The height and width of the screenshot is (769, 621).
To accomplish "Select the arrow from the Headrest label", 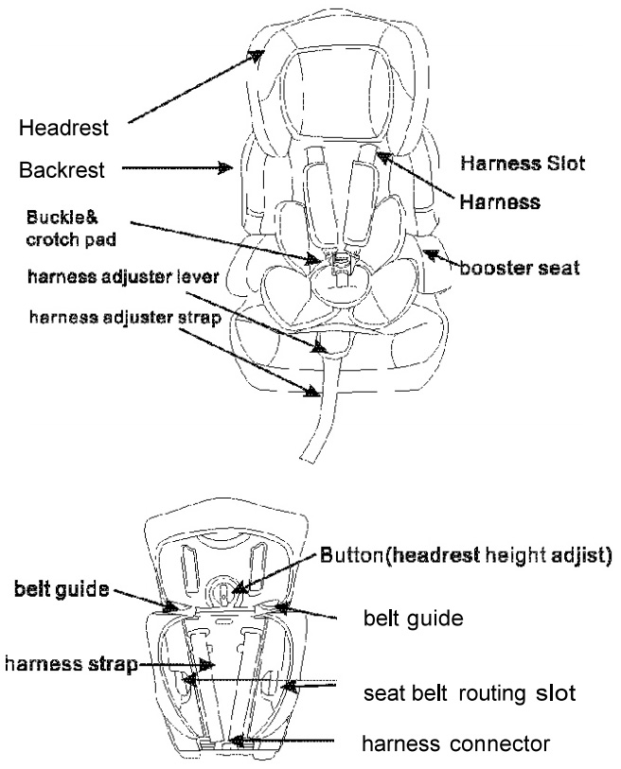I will click(x=194, y=87).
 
